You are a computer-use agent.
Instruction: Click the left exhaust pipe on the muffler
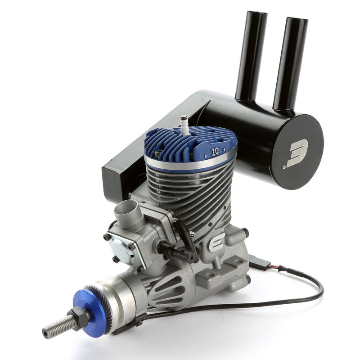[x=250, y=54]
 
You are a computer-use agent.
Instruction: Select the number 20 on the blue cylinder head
[x=215, y=152]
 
